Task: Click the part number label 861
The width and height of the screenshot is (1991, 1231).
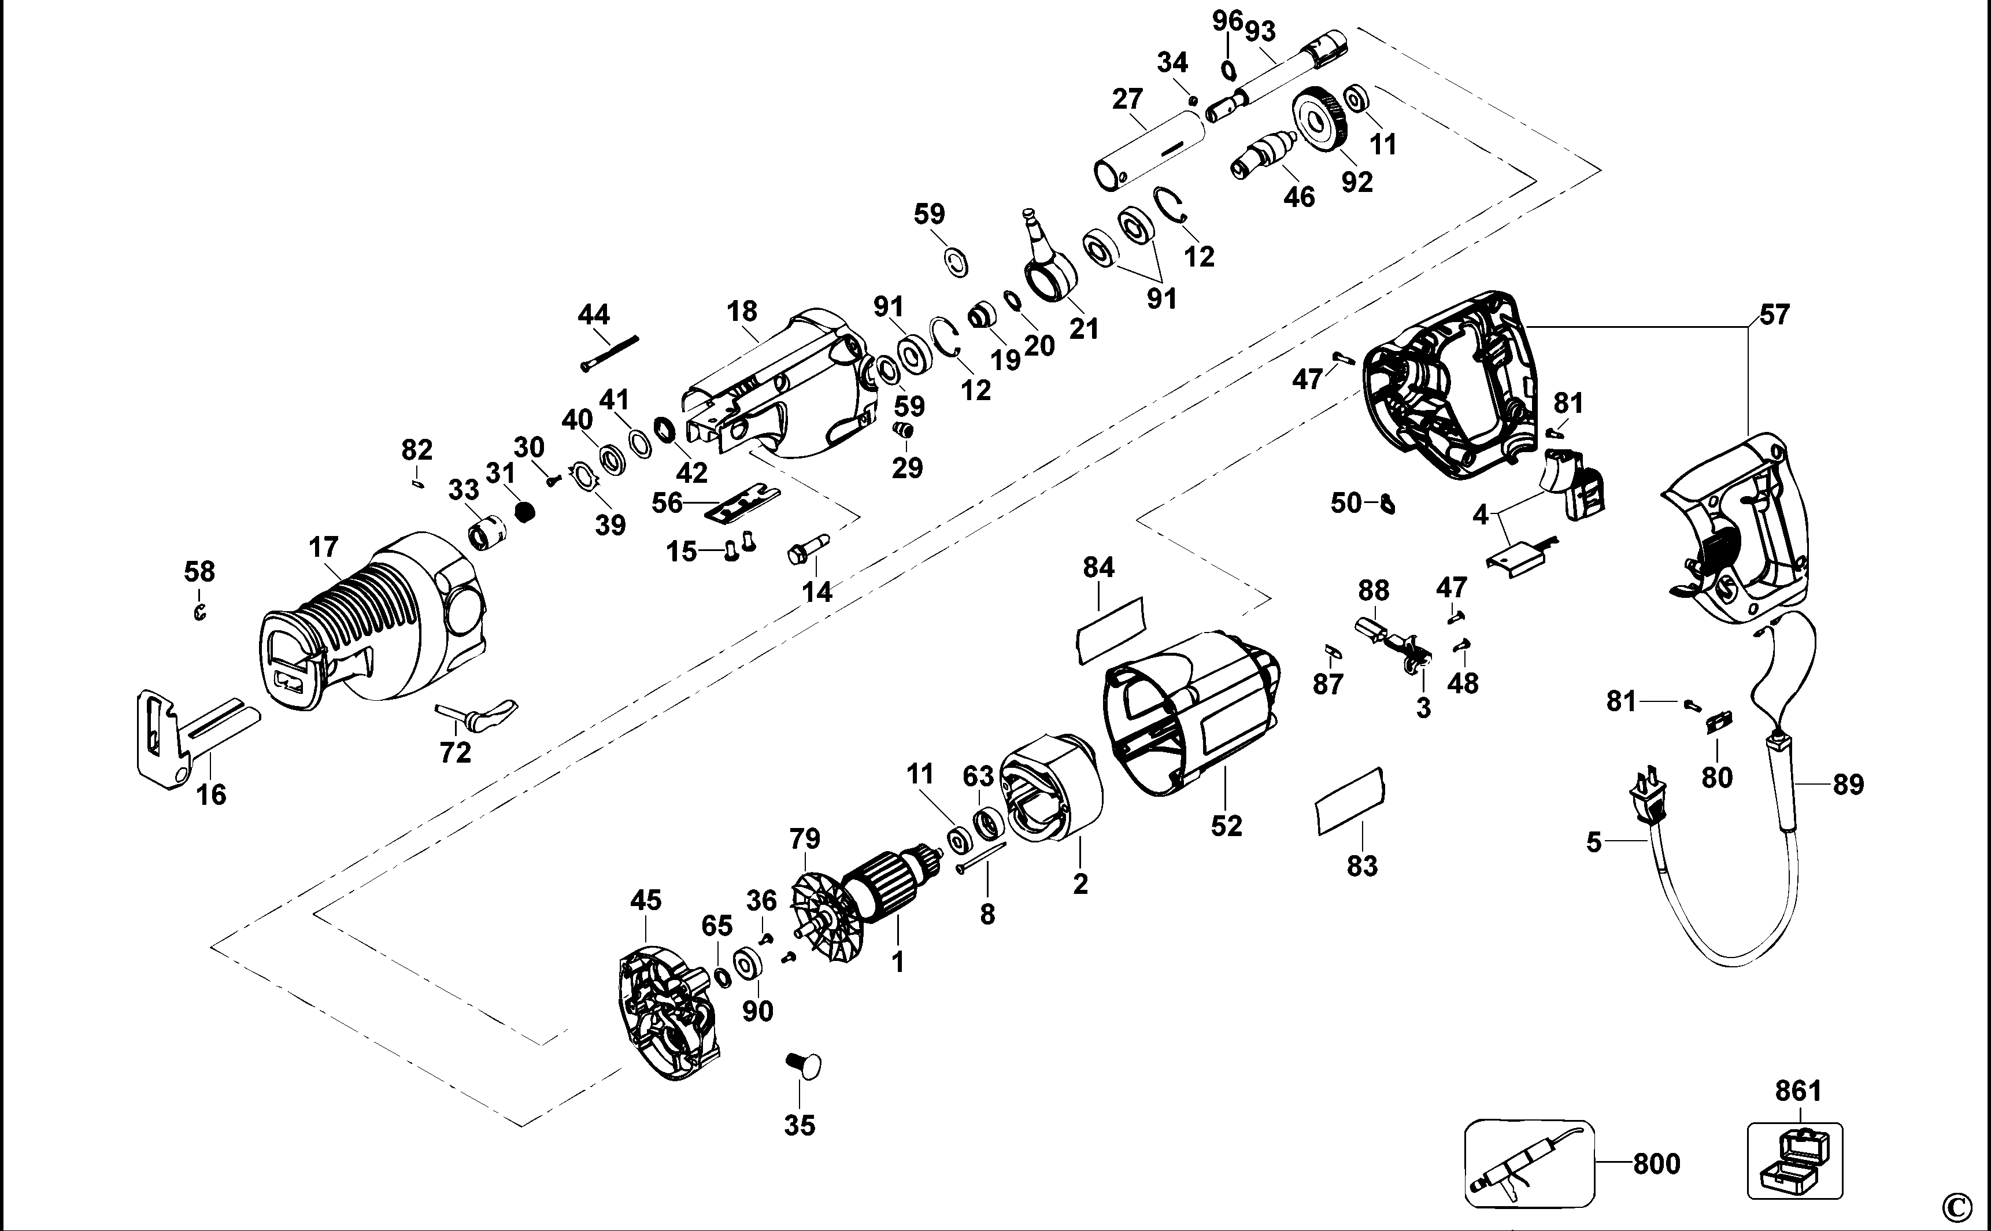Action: click(x=1798, y=1090)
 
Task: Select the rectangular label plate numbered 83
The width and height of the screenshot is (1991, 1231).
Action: click(x=1349, y=800)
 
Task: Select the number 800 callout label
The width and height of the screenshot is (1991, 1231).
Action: click(x=1656, y=1165)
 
